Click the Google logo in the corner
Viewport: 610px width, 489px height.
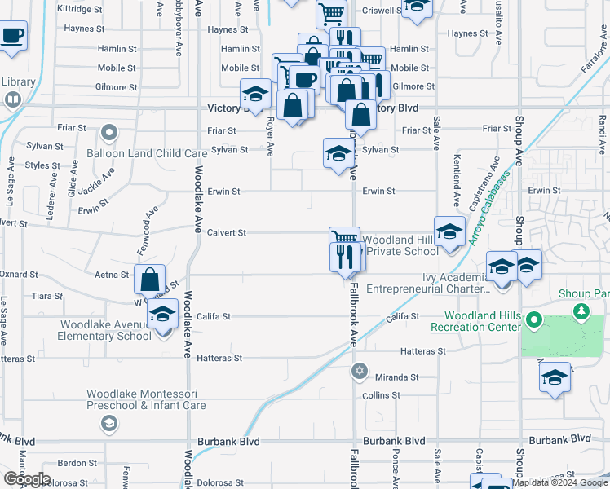(27, 479)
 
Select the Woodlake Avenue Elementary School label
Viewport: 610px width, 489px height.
(106, 330)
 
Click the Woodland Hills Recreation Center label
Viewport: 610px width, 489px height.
(482, 321)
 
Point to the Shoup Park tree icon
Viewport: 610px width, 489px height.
(581, 311)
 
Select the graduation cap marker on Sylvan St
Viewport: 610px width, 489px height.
(338, 152)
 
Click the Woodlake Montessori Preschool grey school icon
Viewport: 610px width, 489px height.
(108, 423)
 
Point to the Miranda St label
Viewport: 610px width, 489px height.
(396, 377)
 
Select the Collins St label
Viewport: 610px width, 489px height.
(381, 395)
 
